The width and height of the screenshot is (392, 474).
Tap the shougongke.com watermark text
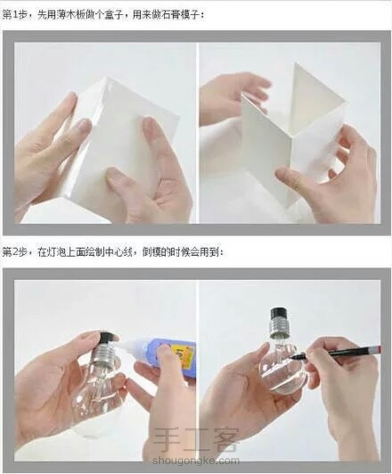pos(196,461)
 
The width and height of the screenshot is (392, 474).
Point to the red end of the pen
pos(378,350)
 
